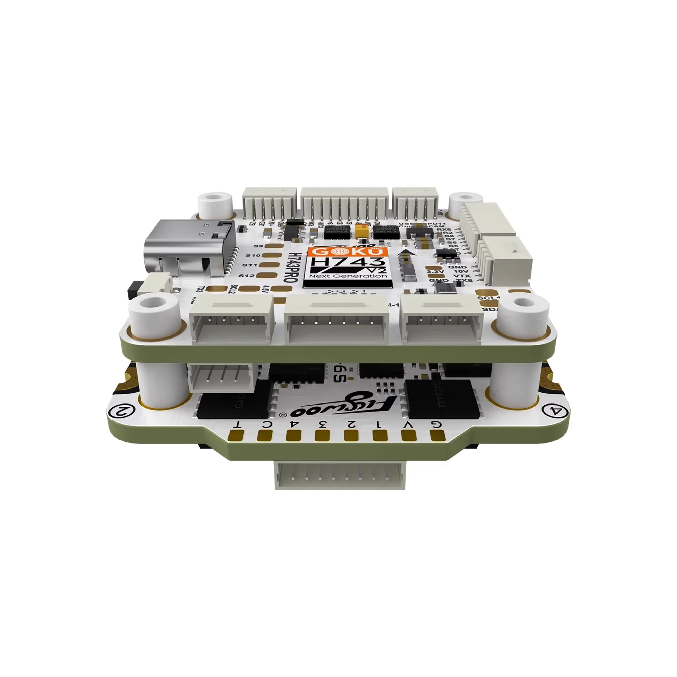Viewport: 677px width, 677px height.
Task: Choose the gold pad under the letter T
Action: [x=236, y=436]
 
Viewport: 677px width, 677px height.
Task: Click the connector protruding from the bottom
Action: [x=339, y=476]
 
